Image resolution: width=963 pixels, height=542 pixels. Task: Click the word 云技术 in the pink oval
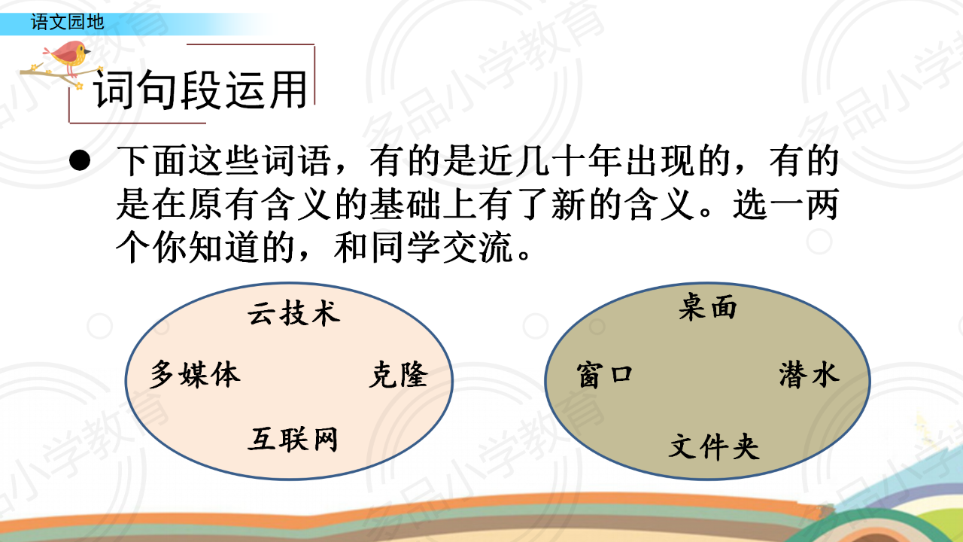[294, 312]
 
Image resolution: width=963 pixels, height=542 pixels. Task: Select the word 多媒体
[195, 374]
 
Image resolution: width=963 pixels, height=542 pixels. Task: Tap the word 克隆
[399, 374]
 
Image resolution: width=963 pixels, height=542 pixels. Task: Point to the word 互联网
[293, 439]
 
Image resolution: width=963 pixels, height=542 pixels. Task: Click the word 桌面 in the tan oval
[708, 306]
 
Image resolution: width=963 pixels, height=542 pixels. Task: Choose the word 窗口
[604, 375]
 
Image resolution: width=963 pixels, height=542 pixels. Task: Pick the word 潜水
[809, 374]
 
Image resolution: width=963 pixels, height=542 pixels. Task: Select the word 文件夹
[714, 446]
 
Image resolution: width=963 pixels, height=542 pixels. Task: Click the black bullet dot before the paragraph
[80, 160]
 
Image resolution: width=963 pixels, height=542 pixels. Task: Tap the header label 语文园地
[68, 23]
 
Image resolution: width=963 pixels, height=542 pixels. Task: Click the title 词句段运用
[200, 90]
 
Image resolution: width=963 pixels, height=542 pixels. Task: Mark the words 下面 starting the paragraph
[153, 160]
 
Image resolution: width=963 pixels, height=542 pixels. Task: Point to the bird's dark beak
[87, 52]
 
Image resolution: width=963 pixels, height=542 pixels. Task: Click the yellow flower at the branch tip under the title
[79, 86]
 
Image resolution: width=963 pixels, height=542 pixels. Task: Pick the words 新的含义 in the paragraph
[622, 204]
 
